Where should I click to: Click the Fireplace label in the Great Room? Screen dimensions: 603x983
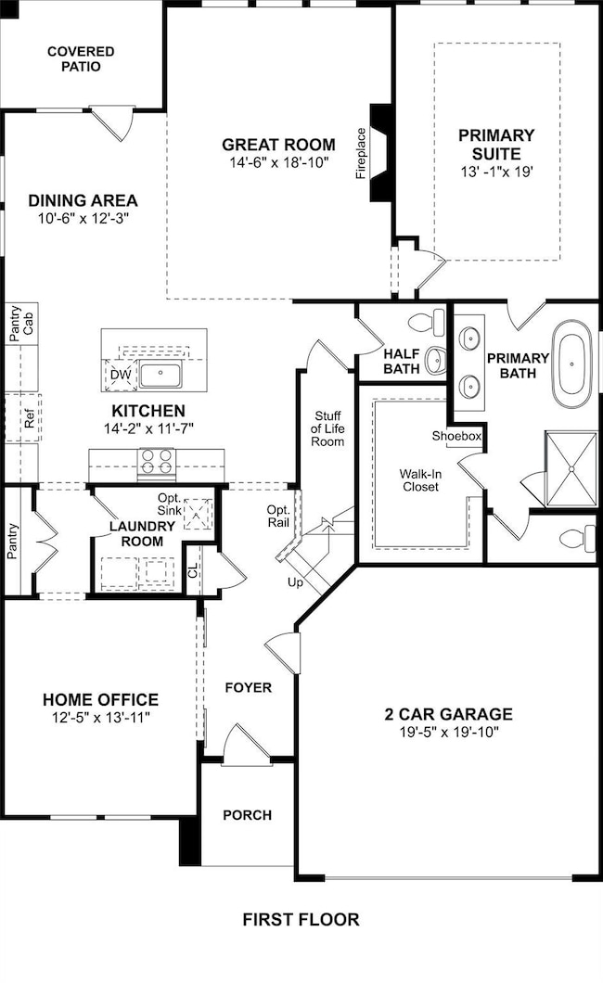[361, 154]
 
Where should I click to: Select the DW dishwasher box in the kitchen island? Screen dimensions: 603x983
[121, 375]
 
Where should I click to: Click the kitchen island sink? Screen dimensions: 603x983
[160, 375]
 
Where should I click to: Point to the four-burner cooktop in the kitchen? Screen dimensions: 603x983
[157, 462]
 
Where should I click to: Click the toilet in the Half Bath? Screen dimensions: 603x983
[426, 323]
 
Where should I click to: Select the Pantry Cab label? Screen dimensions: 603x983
[21, 324]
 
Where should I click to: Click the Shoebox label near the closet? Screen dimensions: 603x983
[456, 436]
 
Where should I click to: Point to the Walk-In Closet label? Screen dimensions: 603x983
[420, 480]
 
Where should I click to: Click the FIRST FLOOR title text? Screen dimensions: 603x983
[301, 920]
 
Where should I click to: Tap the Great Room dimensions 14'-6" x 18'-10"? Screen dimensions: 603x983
[279, 163]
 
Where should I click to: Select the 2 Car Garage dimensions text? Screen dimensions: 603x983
[449, 732]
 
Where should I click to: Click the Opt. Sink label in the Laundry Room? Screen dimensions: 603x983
[169, 504]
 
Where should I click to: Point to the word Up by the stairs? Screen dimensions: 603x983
[295, 583]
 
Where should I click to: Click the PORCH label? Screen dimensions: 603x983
[248, 815]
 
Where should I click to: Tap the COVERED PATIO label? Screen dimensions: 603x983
[81, 59]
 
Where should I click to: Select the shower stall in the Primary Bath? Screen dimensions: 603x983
[571, 468]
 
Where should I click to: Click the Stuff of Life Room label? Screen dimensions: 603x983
[327, 428]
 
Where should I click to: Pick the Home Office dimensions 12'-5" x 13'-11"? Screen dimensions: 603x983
[101, 717]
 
